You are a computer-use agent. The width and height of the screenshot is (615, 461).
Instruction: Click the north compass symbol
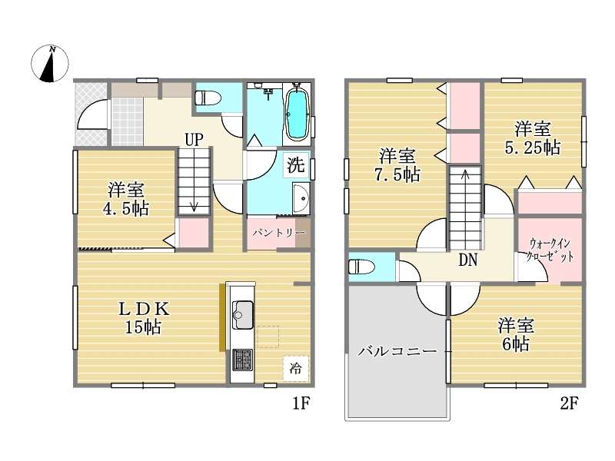point(50,64)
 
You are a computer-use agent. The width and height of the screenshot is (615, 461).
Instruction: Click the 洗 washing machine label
point(296,164)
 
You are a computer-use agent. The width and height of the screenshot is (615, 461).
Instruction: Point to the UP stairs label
point(194,140)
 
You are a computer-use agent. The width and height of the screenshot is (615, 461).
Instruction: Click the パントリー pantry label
point(278,234)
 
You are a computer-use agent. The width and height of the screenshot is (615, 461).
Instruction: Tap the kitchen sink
point(243,315)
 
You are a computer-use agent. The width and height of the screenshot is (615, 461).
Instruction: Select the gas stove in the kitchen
point(242,360)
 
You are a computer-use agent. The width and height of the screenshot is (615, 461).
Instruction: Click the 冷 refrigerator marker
point(296,369)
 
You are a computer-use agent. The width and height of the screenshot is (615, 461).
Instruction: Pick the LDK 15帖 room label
point(144,318)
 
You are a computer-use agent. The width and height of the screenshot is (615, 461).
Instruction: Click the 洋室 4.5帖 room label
point(126,199)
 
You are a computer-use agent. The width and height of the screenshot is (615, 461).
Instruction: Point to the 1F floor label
point(301,403)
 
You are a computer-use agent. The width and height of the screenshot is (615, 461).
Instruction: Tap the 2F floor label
point(569,403)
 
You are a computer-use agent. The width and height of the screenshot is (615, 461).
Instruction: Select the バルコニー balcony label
point(397,351)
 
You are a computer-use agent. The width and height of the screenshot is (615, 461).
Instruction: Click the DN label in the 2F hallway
point(468,260)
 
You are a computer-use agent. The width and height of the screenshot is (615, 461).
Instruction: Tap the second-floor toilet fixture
point(361,267)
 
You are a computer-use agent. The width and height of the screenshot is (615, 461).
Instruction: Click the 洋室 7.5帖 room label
point(397,165)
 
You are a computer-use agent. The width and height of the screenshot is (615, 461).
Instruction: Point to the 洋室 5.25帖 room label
point(532,139)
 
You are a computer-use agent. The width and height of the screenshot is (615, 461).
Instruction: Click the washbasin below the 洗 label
point(301,198)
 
